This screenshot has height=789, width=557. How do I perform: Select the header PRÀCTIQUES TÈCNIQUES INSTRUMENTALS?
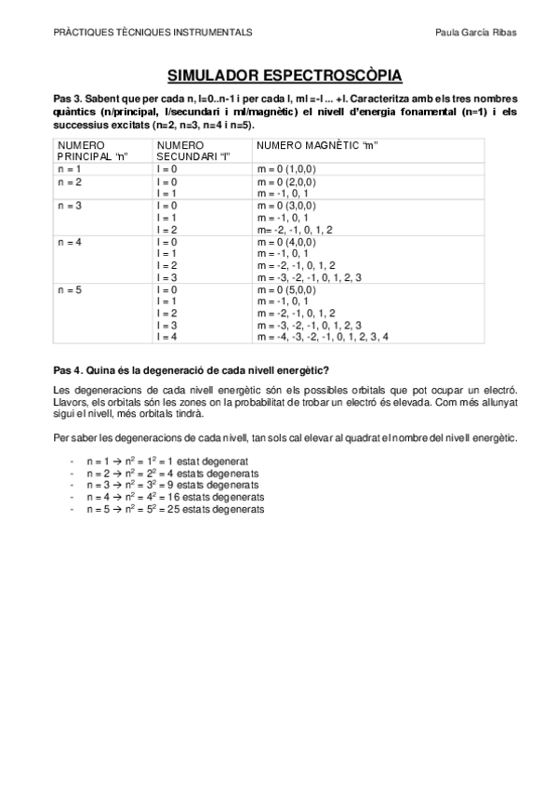(x=153, y=31)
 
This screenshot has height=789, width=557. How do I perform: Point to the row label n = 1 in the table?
(x=70, y=169)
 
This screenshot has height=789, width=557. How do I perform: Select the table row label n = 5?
(x=70, y=290)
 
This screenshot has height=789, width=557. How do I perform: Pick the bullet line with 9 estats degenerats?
(x=171, y=485)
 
